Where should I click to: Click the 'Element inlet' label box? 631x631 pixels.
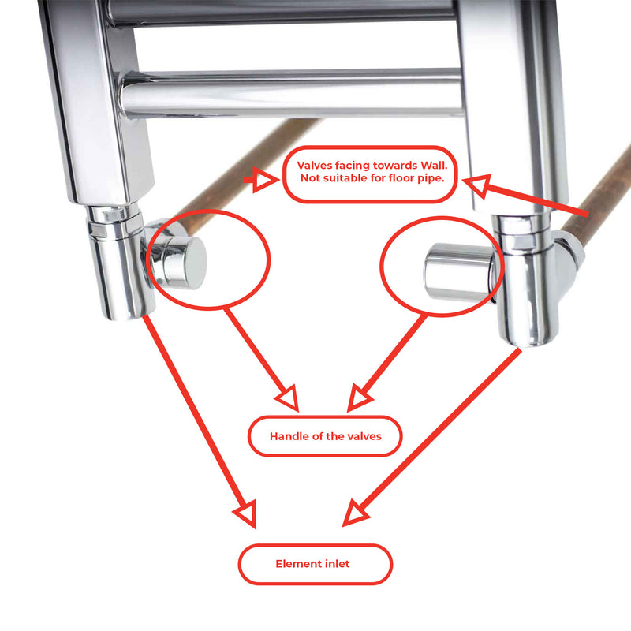pyautogui.click(x=315, y=564)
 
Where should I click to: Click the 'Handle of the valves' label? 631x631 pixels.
pyautogui.click(x=325, y=436)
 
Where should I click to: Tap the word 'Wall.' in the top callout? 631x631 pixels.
pyautogui.click(x=428, y=165)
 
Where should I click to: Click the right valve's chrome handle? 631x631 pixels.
pyautogui.click(x=452, y=272)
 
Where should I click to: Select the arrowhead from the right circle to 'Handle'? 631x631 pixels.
pyautogui.click(x=359, y=398)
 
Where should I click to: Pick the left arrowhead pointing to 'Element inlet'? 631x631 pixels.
pyautogui.click(x=246, y=514)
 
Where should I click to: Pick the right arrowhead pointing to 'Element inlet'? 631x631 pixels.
pyautogui.click(x=353, y=516)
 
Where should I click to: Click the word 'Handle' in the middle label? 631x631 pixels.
pyautogui.click(x=289, y=436)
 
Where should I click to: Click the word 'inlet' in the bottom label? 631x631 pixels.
pyautogui.click(x=336, y=564)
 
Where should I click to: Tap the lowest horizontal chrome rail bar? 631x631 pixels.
pyautogui.click(x=292, y=93)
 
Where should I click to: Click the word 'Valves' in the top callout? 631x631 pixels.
pyautogui.click(x=315, y=165)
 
